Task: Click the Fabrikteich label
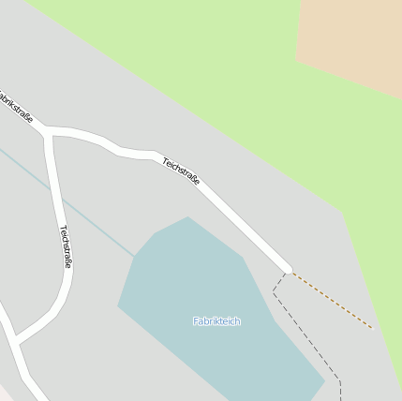tap(216, 321)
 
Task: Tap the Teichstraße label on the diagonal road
tap(181, 171)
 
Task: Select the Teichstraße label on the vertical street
tap(66, 246)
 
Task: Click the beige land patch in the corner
tap(351, 42)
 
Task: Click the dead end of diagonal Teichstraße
tap(288, 270)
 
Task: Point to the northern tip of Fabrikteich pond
tap(188, 217)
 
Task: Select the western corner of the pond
tap(118, 305)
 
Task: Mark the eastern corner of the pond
tap(324, 381)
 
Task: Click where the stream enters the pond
tap(135, 256)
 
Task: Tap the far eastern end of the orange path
tap(372, 328)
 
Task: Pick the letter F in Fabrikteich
tap(196, 321)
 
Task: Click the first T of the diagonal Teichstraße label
tap(165, 159)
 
